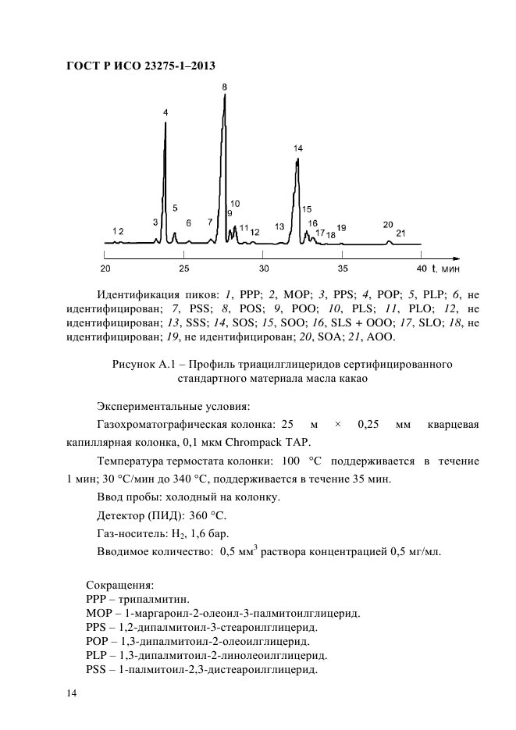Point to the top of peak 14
(x=297, y=159)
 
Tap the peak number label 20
(x=388, y=224)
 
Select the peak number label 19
(x=341, y=227)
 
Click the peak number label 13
(x=279, y=226)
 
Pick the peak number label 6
(x=188, y=223)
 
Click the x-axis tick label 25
(x=183, y=269)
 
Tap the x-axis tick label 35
(x=342, y=269)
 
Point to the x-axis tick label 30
(x=264, y=269)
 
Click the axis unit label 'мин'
(x=450, y=269)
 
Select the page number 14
(x=71, y=693)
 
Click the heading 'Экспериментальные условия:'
(x=173, y=406)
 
